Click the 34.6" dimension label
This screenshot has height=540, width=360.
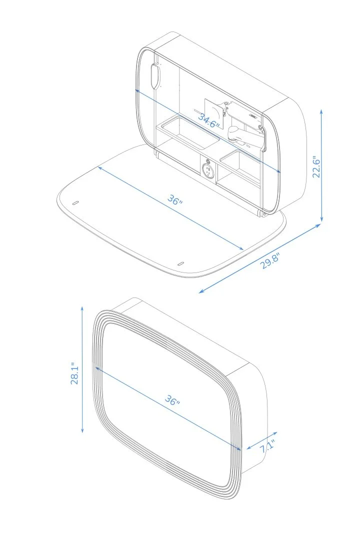click(208, 120)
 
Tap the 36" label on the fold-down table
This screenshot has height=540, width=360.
click(174, 201)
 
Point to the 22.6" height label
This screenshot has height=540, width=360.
click(316, 165)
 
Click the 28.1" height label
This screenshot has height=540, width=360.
click(75, 373)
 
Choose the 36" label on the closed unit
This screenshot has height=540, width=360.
click(172, 401)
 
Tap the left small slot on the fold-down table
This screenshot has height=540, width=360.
click(75, 203)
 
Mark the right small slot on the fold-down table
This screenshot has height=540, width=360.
click(181, 263)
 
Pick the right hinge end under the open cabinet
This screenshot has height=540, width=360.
click(261, 213)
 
